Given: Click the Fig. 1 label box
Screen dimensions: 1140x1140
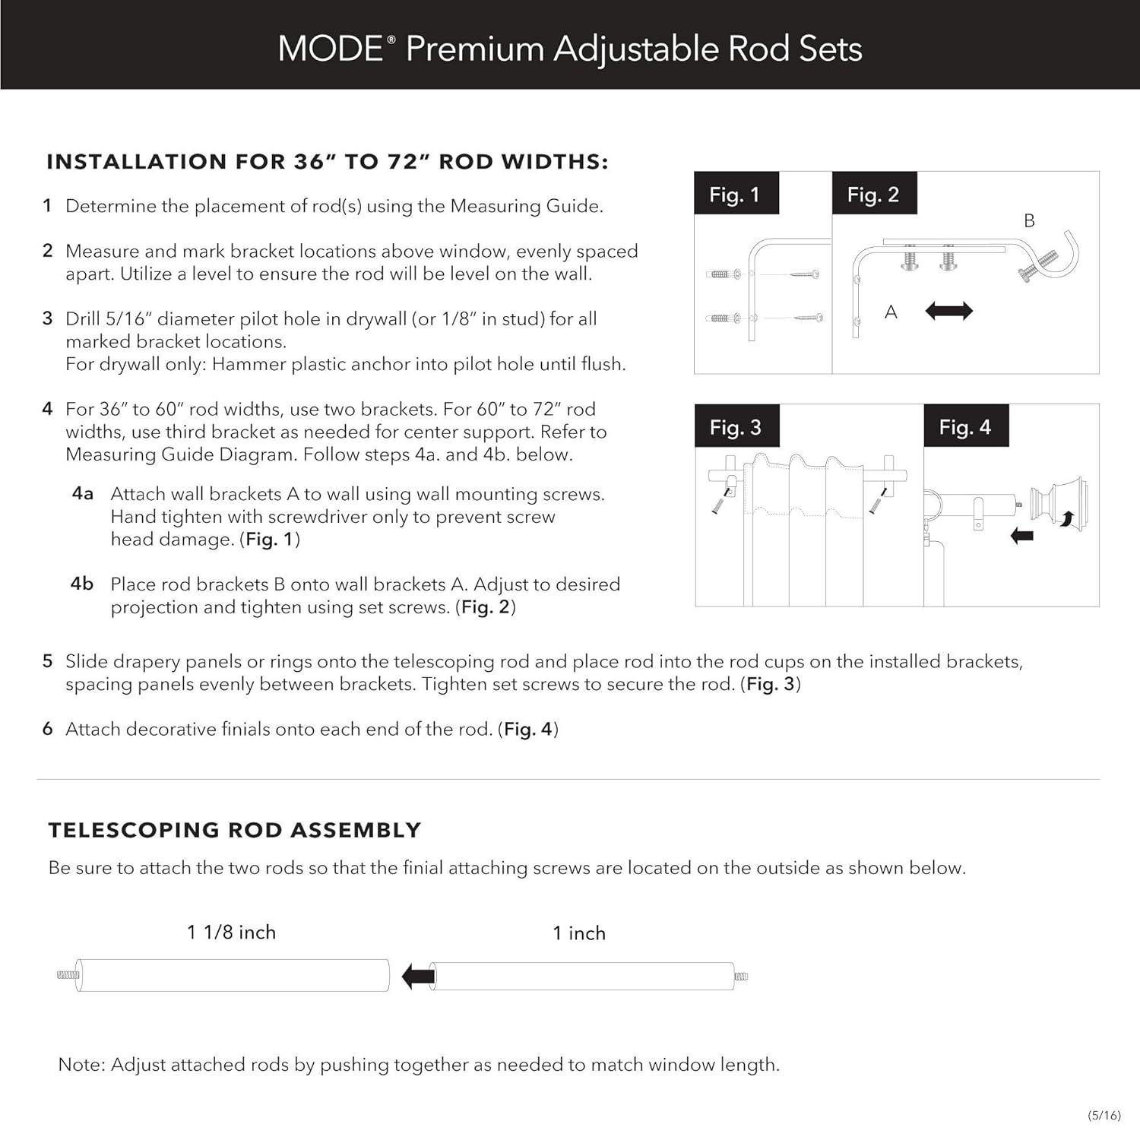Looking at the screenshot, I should (735, 194).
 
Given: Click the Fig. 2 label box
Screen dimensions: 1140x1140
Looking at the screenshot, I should (873, 194).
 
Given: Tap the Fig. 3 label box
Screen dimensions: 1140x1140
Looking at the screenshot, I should (735, 426).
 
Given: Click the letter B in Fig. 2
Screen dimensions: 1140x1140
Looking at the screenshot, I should (1029, 220).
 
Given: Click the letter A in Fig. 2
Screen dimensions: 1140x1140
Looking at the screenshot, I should (891, 312).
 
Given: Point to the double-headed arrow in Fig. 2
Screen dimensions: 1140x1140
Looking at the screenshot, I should (948, 311).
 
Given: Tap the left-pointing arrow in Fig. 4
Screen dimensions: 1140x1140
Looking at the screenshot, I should (1022, 536).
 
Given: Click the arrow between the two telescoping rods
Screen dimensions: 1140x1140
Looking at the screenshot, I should (417, 976).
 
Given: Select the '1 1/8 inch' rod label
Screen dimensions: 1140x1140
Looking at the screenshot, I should (231, 932).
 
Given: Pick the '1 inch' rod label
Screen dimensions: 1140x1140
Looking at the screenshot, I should (579, 933).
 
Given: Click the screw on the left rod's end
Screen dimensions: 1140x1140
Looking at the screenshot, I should (68, 974).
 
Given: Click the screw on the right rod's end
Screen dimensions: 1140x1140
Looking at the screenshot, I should (740, 976).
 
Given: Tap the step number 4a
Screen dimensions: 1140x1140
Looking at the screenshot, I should (82, 493).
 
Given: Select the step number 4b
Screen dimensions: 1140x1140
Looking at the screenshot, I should (82, 584).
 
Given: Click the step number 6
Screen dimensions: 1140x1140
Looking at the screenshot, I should (47, 729).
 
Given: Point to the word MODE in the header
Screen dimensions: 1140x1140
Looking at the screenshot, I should (331, 49).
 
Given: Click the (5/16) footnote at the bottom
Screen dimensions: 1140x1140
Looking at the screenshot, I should (1104, 1115).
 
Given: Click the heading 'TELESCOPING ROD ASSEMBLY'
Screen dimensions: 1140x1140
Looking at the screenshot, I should (234, 830).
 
